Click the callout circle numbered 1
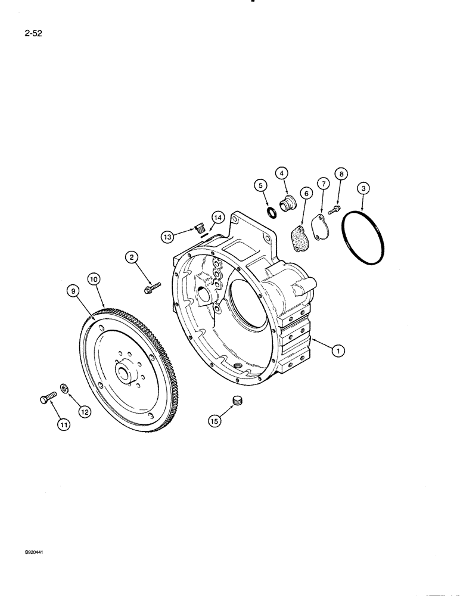[338, 352]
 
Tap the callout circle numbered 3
[365, 189]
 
